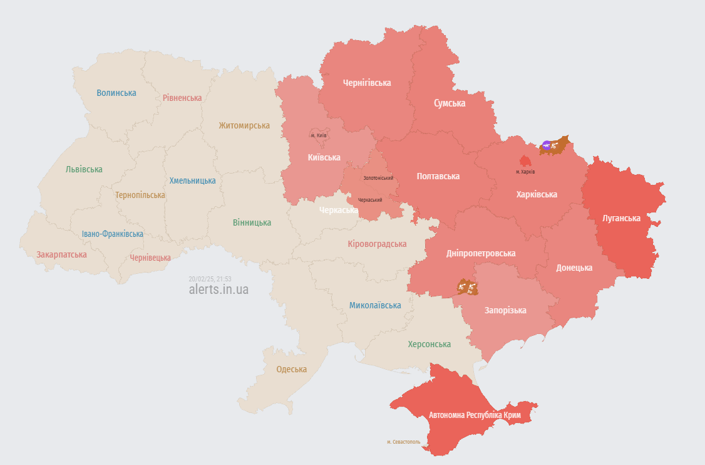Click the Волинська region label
[x=116, y=93]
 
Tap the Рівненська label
[x=182, y=98]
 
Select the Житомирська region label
[x=244, y=125]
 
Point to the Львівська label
[x=84, y=169]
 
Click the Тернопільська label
[x=140, y=195]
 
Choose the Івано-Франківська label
[x=113, y=234]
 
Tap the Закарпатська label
[x=61, y=254]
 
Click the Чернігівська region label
[x=367, y=83]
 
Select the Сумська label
[x=450, y=103]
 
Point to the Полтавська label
[x=438, y=176]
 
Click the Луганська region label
[x=621, y=218]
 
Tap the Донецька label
[x=574, y=268]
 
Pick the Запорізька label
[x=505, y=310]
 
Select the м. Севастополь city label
[x=404, y=442]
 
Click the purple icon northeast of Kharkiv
[x=547, y=145]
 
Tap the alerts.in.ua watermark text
[x=219, y=290]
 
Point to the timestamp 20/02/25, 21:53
[x=210, y=279]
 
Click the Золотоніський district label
[x=378, y=178]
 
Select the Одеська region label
[x=292, y=369]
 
